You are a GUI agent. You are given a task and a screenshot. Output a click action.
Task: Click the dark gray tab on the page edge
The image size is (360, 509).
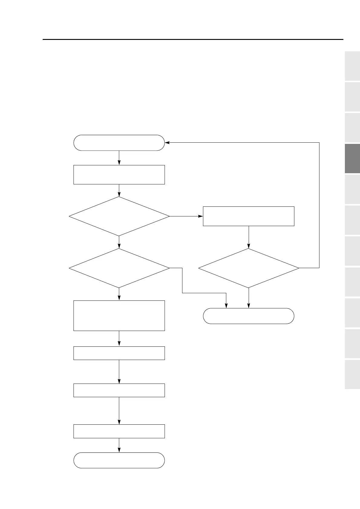click(x=352, y=158)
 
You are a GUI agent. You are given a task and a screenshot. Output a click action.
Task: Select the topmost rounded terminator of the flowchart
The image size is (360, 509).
click(x=119, y=143)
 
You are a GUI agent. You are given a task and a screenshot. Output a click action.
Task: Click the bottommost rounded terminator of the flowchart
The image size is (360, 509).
click(x=119, y=460)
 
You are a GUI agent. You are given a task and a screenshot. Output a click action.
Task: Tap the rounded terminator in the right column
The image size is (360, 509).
click(x=248, y=316)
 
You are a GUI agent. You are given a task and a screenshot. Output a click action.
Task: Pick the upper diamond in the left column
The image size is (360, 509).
click(x=119, y=216)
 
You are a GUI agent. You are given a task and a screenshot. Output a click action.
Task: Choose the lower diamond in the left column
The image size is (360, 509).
click(x=119, y=268)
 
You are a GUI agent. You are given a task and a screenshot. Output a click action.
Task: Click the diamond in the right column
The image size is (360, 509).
click(x=248, y=268)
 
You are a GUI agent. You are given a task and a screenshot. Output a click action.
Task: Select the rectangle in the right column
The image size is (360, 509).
click(x=248, y=216)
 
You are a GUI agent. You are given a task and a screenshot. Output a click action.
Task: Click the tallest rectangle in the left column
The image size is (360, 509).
click(x=119, y=316)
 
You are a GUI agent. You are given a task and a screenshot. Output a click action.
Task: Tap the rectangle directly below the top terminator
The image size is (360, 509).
click(x=119, y=175)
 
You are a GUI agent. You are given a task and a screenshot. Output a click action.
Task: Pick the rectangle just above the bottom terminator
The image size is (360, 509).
click(x=119, y=431)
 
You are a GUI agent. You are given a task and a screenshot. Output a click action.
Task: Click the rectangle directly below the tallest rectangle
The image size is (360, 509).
click(x=119, y=353)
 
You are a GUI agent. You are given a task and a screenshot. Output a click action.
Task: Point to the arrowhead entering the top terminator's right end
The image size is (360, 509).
click(x=167, y=142)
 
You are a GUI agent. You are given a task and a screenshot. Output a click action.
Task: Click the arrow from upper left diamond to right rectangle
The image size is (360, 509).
click(x=186, y=216)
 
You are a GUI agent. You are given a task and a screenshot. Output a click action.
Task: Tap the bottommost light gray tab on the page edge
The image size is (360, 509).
click(x=352, y=374)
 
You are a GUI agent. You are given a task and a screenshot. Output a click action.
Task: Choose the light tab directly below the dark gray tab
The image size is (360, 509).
click(x=352, y=189)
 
